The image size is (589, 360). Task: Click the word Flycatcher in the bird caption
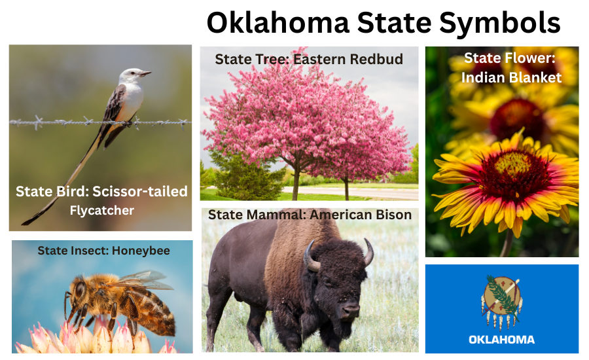tap(101, 210)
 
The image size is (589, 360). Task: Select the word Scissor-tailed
tap(140, 192)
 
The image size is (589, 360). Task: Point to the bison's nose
tap(351, 312)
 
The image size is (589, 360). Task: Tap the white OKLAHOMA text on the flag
tap(501, 339)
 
